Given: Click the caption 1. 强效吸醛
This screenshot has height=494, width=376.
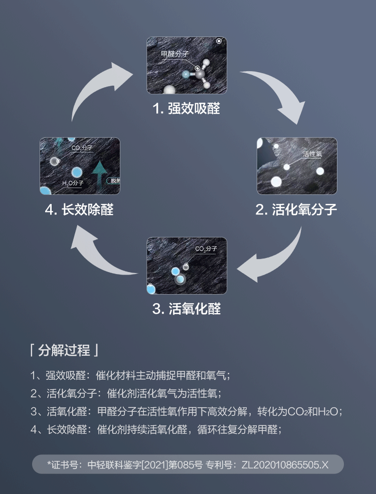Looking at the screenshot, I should coord(186,109).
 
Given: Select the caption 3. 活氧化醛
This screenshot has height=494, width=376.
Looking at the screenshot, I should coord(186,308).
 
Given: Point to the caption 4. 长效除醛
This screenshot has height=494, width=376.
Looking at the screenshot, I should coord(79,209).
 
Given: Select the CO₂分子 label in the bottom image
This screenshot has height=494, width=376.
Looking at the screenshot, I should coord(206,249).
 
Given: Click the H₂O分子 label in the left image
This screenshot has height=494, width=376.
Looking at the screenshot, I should coord(73,184).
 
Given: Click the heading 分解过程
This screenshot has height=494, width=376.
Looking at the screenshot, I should coord(64,349).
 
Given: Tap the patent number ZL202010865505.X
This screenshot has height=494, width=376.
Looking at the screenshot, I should coord(285,464).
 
